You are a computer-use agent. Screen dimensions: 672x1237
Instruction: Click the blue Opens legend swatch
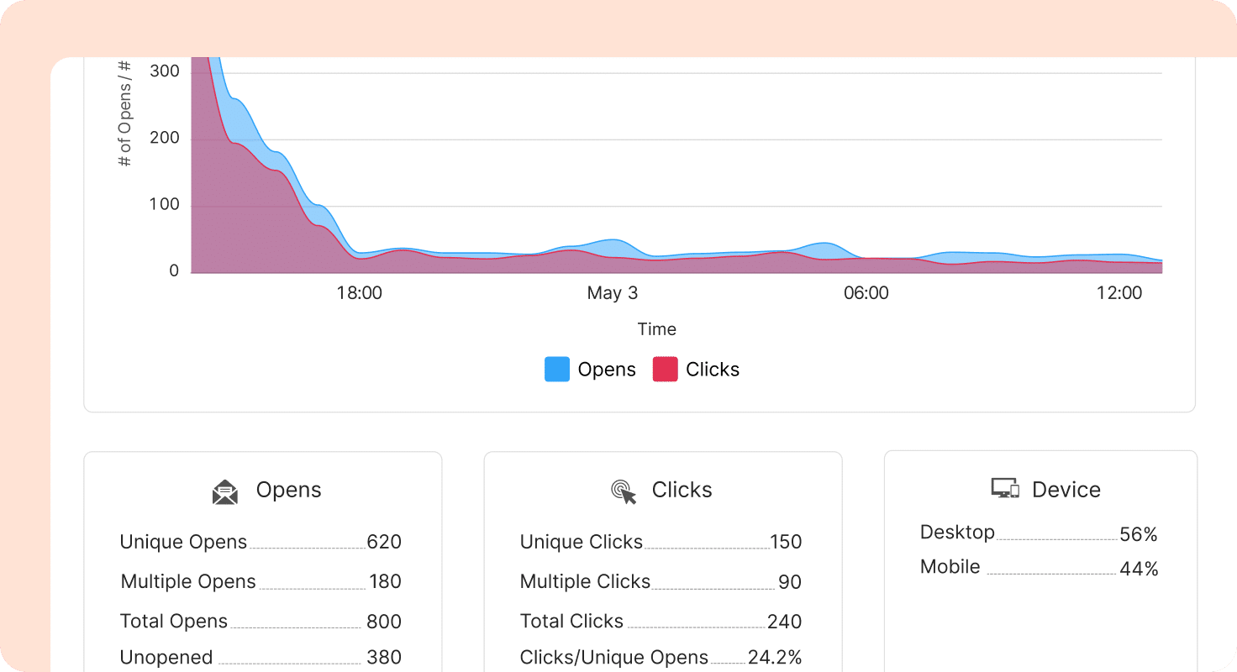pyautogui.click(x=557, y=370)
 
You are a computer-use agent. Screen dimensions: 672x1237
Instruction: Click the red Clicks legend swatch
pyautogui.click(x=665, y=370)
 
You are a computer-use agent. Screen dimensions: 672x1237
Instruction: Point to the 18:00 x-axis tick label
pyautogui.click(x=360, y=293)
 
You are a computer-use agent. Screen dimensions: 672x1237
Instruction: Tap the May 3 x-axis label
pyautogui.click(x=613, y=293)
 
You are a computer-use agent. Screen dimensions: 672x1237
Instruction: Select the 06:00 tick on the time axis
pyautogui.click(x=866, y=293)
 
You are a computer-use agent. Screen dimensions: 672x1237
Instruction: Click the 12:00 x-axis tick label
pyautogui.click(x=1120, y=293)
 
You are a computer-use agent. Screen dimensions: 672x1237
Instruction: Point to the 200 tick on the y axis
pyautogui.click(x=164, y=139)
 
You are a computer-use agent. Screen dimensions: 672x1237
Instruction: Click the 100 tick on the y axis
pyautogui.click(x=164, y=205)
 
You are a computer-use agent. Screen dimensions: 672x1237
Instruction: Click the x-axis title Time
pyautogui.click(x=656, y=329)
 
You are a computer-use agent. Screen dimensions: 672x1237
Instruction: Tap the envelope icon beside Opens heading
pyautogui.click(x=225, y=491)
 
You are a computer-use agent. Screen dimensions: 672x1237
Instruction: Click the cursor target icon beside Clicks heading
pyautogui.click(x=624, y=491)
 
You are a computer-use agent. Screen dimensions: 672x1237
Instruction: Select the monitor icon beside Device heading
pyautogui.click(x=1005, y=489)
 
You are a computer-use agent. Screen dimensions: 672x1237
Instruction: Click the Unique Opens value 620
pyautogui.click(x=384, y=542)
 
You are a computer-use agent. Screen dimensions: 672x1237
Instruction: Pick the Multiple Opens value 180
pyautogui.click(x=385, y=581)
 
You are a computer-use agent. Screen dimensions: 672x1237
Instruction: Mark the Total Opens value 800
pyautogui.click(x=384, y=622)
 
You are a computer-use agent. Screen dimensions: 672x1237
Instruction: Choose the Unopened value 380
pyautogui.click(x=384, y=658)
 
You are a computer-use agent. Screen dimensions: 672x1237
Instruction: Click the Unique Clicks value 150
pyautogui.click(x=786, y=542)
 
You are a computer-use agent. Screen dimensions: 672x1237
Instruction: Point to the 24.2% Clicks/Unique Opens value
pyautogui.click(x=775, y=658)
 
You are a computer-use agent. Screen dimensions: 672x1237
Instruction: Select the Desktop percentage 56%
pyautogui.click(x=1139, y=534)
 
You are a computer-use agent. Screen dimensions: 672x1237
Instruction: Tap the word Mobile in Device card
pyautogui.click(x=950, y=567)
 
